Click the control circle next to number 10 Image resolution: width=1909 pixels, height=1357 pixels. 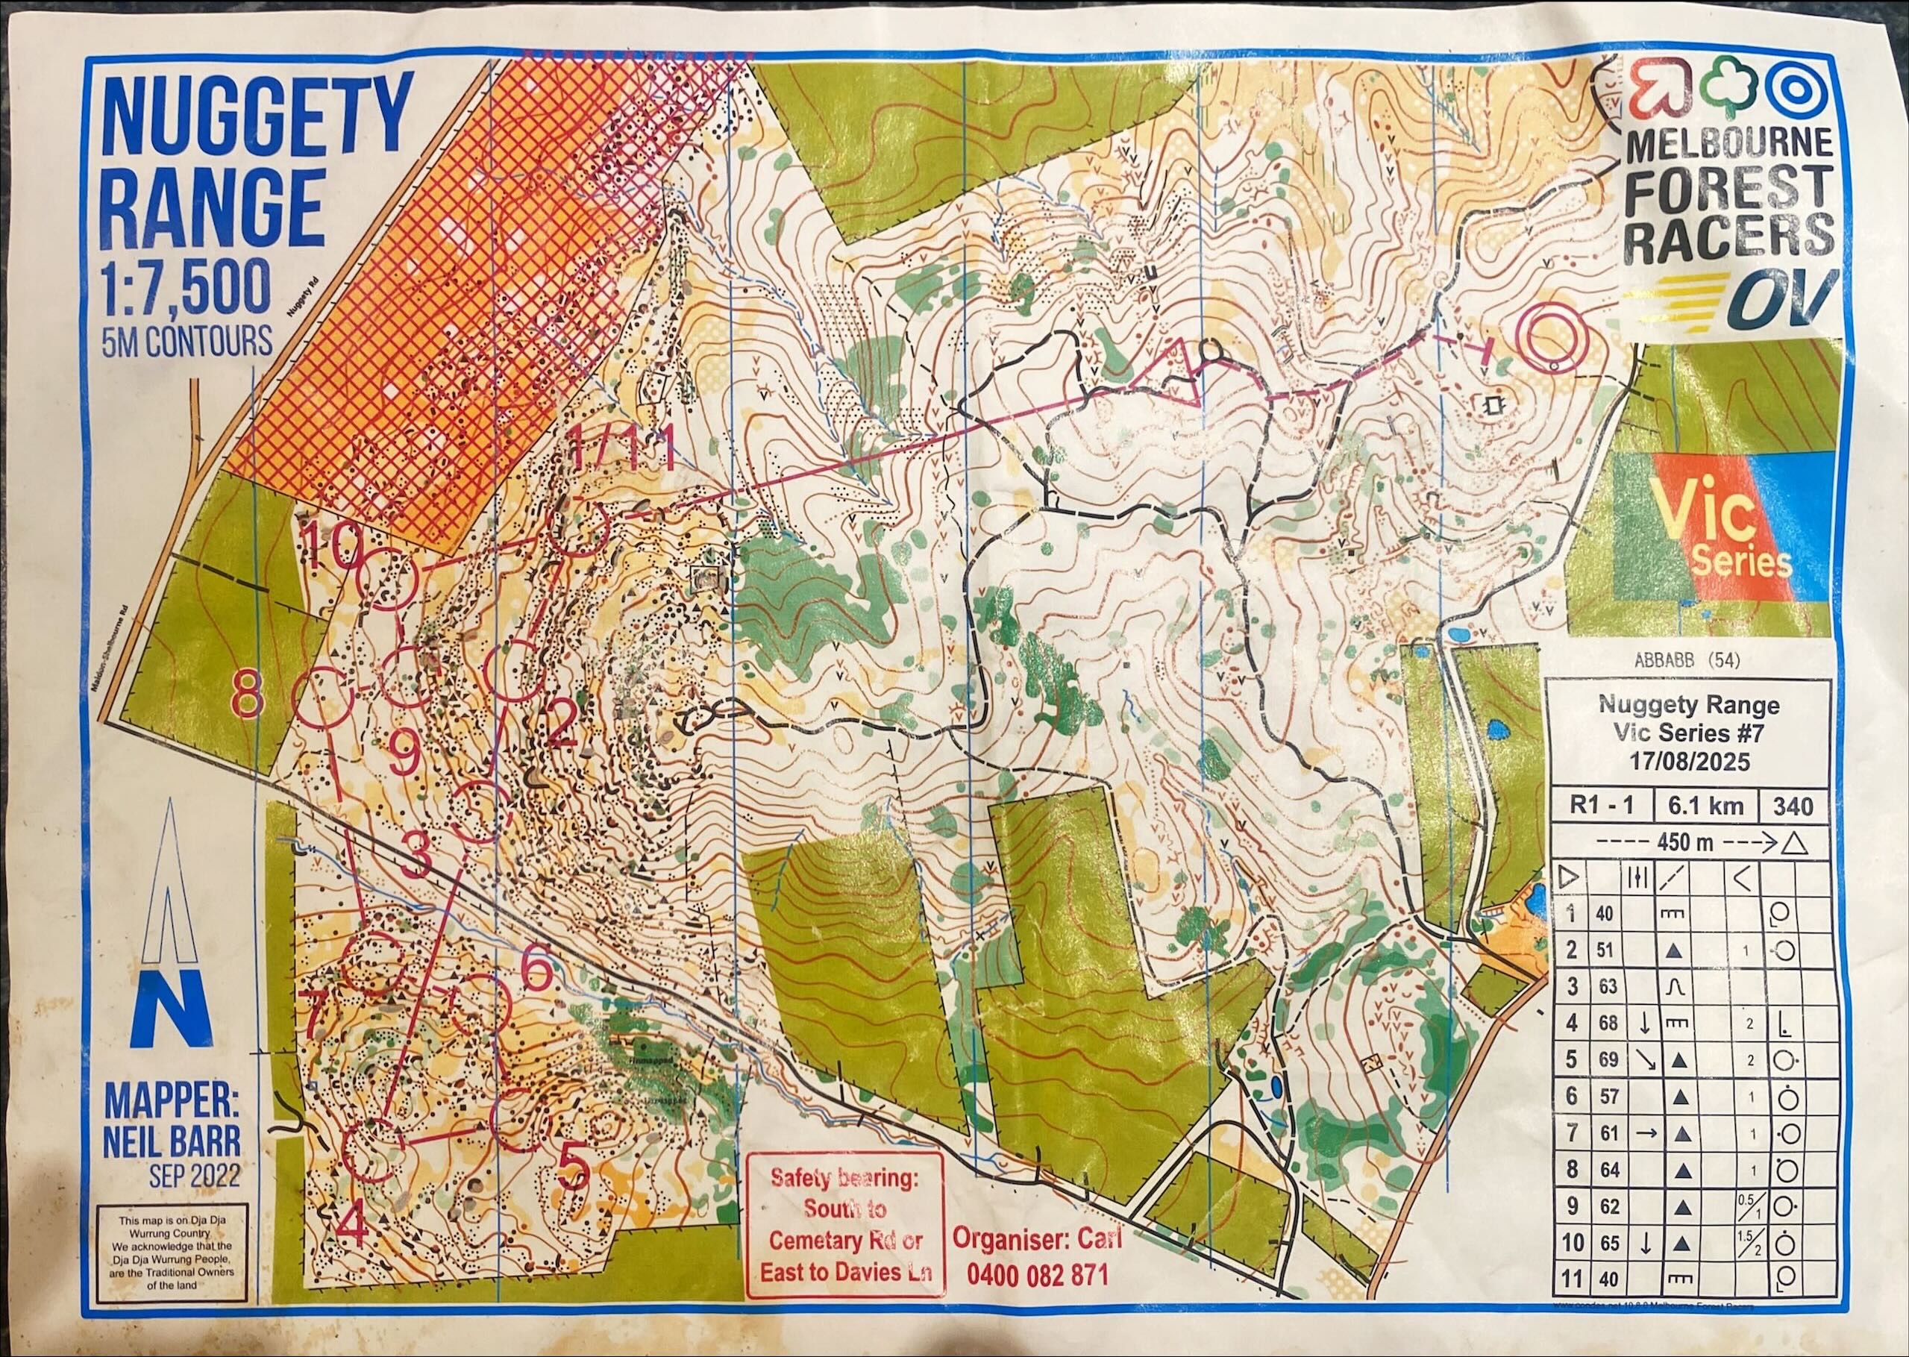[x=387, y=579]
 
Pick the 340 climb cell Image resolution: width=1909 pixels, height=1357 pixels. [x=1792, y=806]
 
